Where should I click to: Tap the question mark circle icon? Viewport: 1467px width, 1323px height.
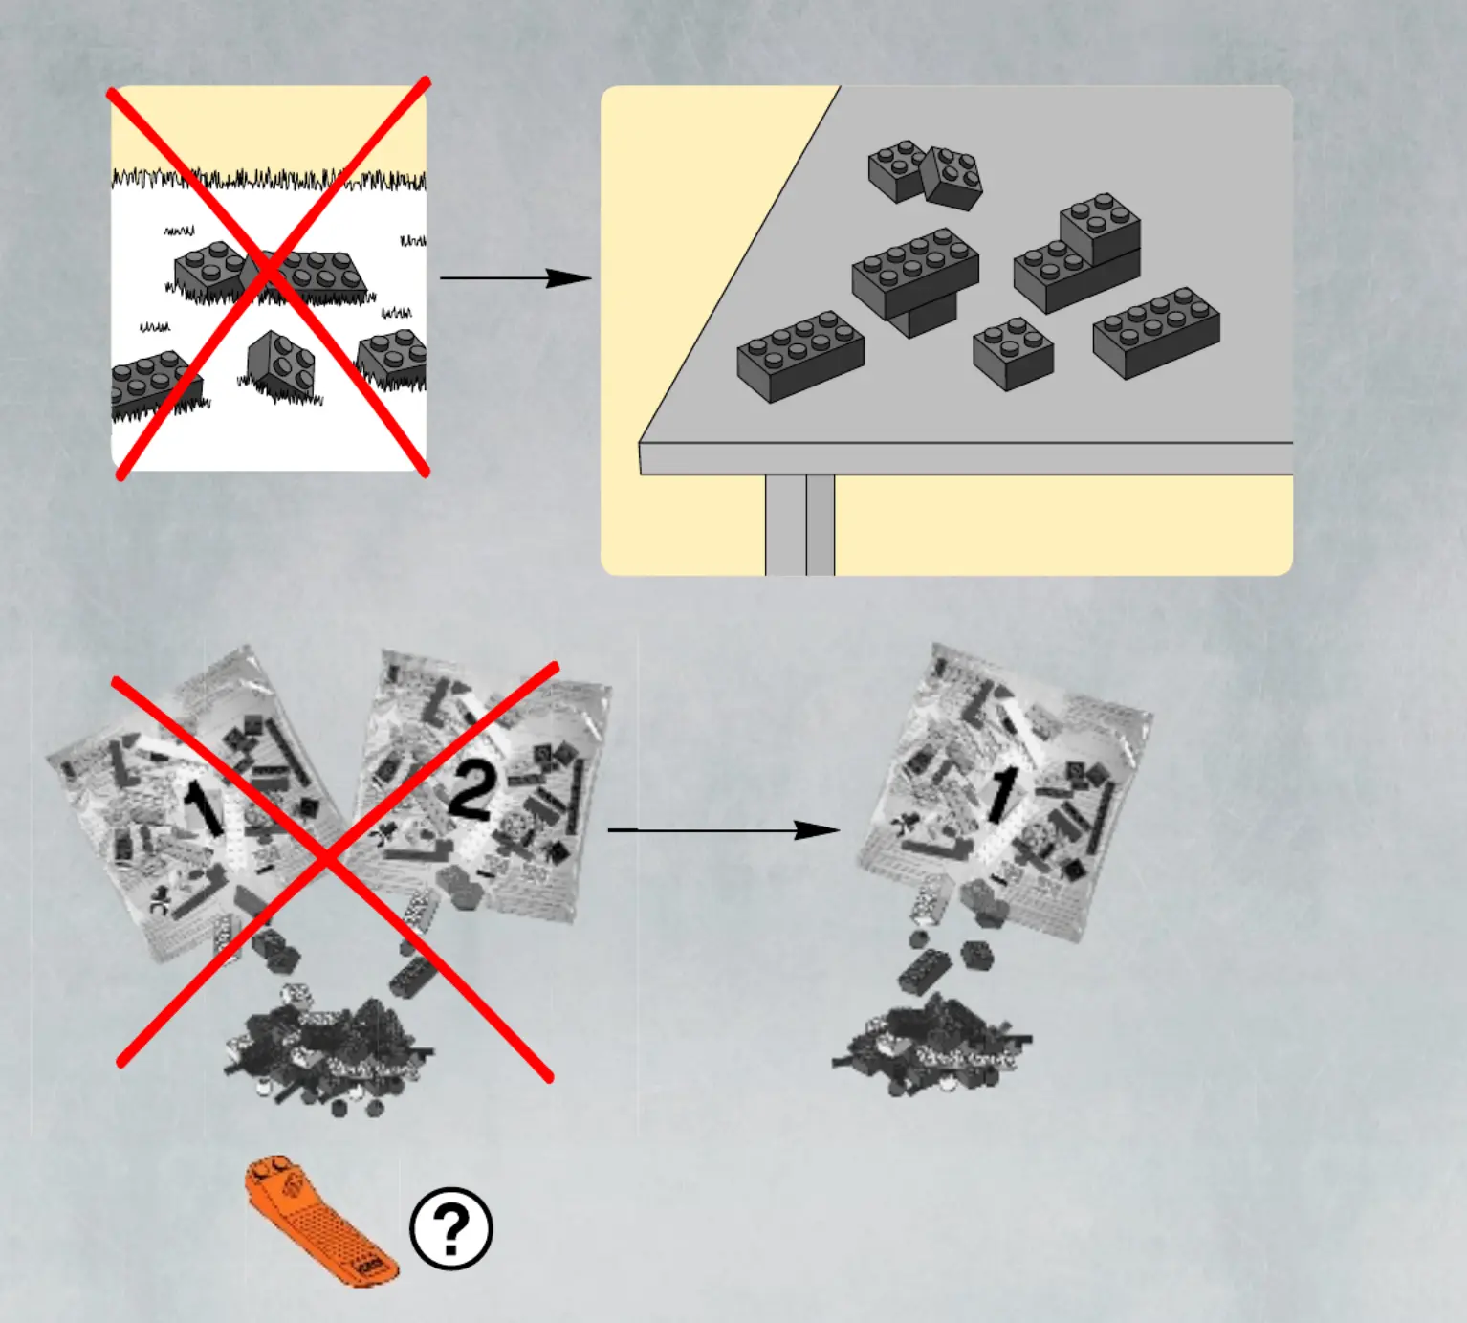point(451,1228)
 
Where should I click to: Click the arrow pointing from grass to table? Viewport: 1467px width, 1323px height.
point(515,278)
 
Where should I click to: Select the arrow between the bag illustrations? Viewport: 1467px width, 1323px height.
point(724,830)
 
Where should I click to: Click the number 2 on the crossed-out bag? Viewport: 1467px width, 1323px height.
point(471,793)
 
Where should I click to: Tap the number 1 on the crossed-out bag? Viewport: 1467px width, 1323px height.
point(203,808)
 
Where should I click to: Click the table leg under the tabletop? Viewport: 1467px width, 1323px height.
point(800,524)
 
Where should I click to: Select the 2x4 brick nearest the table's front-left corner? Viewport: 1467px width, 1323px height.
point(800,357)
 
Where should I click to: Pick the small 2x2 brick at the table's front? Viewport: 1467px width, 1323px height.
point(1014,353)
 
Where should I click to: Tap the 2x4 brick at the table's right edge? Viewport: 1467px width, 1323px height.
point(1156,333)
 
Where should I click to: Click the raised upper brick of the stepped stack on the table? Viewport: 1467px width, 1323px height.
point(1101,228)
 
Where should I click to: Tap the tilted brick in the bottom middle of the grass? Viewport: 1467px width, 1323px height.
point(281,364)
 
